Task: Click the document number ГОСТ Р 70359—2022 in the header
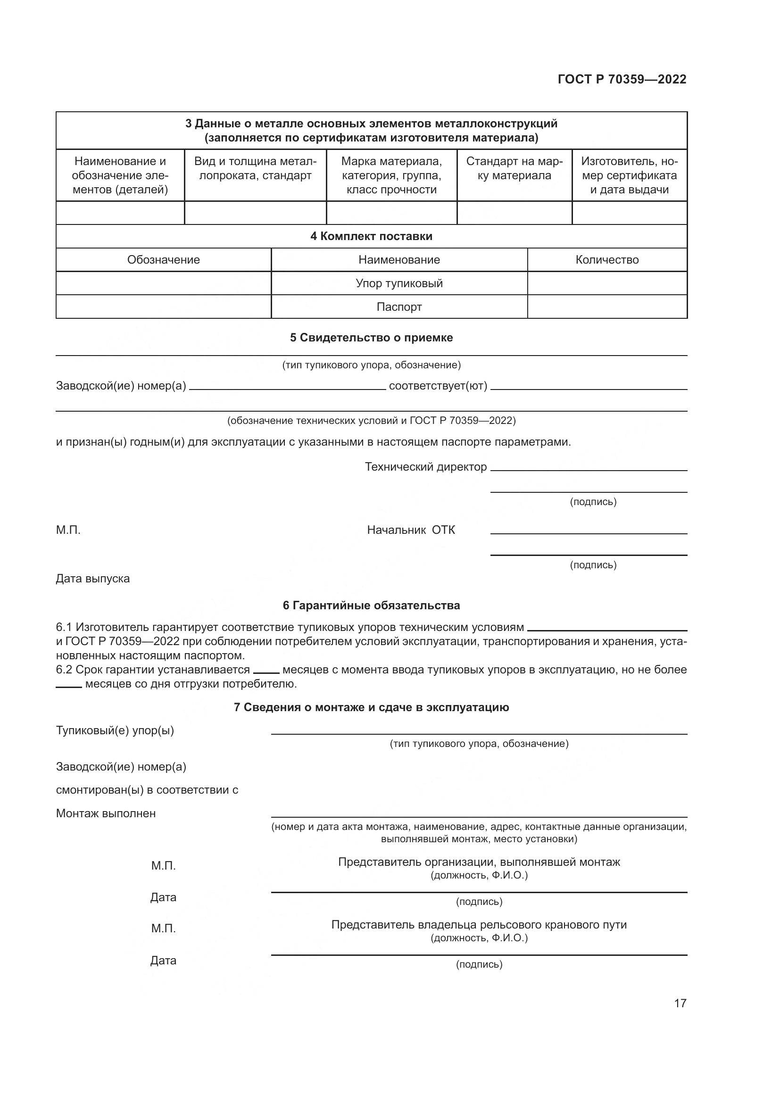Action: coord(622,79)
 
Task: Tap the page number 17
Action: coord(680,1003)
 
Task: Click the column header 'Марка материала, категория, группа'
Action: coord(391,175)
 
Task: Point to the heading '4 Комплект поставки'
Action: coord(371,236)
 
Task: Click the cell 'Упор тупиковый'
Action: coord(399,283)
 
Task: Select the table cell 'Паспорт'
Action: coord(399,307)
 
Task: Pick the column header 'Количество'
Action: coord(606,260)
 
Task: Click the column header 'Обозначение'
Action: coord(163,260)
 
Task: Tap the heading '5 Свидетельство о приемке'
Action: coord(371,338)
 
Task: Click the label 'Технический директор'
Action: coord(425,467)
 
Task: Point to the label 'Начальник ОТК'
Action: coord(411,530)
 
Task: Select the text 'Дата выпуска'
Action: coord(93,579)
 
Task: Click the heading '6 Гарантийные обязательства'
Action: coord(371,605)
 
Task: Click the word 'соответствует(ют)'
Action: coord(438,386)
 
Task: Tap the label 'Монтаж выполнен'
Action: coord(106,813)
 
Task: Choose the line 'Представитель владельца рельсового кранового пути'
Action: coord(479,925)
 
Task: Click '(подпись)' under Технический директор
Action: coord(593,502)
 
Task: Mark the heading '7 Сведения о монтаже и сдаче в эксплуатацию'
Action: coord(371,707)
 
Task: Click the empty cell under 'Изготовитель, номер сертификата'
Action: coord(629,213)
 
